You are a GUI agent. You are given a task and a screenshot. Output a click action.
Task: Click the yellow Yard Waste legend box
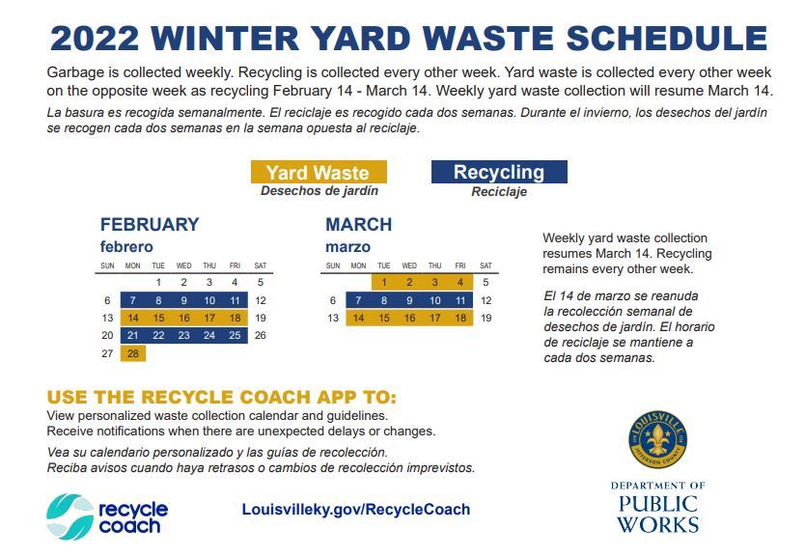(319, 172)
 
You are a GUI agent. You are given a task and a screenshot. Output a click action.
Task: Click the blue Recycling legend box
(499, 172)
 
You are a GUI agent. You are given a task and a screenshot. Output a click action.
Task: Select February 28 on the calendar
(133, 353)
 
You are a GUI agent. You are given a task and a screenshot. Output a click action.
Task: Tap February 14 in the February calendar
(133, 318)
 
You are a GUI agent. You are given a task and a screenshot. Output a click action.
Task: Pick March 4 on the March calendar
(460, 282)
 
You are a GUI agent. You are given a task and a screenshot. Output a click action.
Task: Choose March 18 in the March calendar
(460, 318)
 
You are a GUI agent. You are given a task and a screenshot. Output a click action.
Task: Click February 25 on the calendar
(235, 335)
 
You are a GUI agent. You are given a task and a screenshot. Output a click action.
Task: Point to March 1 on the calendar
(384, 282)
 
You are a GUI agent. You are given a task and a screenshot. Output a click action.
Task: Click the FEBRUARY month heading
(150, 224)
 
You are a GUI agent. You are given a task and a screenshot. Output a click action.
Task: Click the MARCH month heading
(358, 224)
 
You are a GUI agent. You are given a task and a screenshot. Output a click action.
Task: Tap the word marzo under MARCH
(347, 247)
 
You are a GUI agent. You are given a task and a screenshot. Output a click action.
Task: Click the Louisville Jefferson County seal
(657, 439)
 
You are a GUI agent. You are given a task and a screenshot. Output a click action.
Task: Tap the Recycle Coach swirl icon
(69, 516)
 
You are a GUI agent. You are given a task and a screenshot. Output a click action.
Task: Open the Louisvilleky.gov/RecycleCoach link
(356, 509)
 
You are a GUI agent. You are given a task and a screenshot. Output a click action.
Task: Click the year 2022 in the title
(95, 39)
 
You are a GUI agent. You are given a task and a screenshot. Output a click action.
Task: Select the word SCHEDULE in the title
(666, 39)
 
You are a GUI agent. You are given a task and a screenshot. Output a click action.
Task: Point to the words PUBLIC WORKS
(657, 515)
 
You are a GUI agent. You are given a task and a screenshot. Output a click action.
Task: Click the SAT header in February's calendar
(261, 265)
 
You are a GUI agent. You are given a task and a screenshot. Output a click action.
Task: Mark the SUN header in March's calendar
(333, 265)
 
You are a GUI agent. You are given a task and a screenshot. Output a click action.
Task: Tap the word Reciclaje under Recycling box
(499, 192)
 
